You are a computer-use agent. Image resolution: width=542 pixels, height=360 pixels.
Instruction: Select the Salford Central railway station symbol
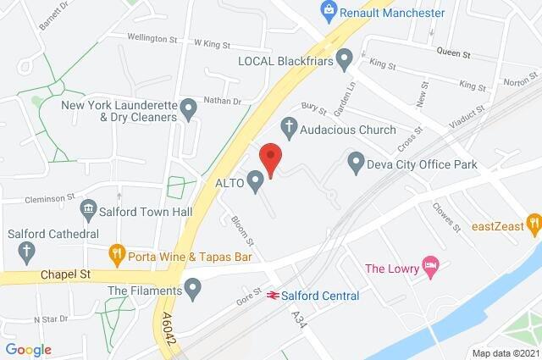point(274,296)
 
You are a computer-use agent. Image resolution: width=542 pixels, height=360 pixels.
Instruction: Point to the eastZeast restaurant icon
point(533,224)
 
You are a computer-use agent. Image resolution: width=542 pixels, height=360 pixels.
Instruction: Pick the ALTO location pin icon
point(255,180)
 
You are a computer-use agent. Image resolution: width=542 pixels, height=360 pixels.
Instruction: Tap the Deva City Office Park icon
point(356,161)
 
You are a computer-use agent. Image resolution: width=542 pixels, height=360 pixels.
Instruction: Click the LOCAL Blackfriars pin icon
point(344,58)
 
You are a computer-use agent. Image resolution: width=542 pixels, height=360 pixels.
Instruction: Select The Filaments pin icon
point(194,292)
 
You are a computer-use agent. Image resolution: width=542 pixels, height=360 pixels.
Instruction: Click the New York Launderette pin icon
point(189,109)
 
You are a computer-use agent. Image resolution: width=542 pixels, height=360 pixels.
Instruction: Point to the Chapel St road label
point(64,275)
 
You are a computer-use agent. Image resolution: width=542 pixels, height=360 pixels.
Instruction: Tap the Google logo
point(28,349)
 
